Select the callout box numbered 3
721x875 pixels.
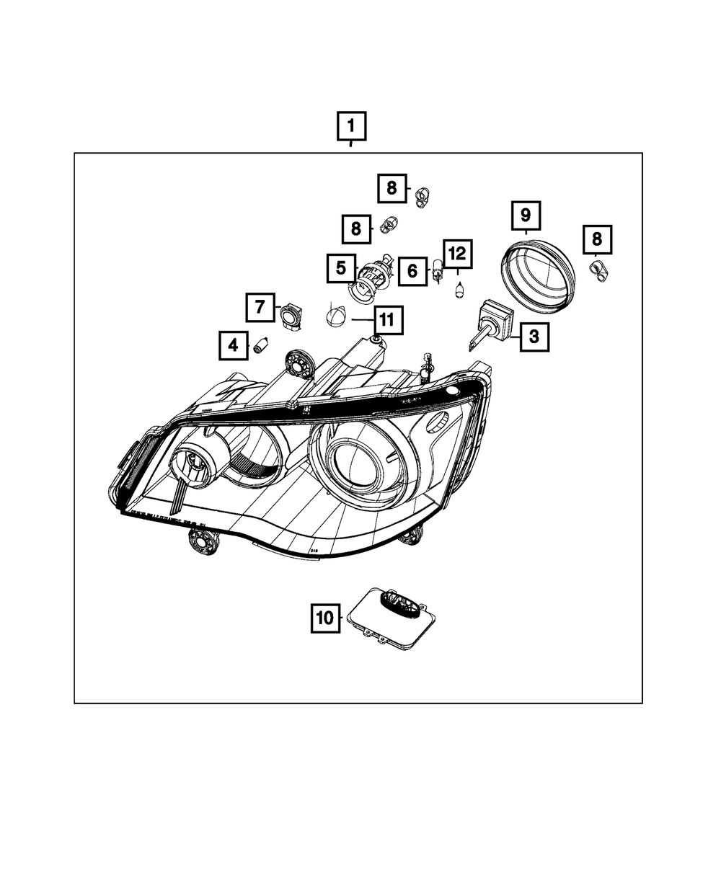tap(534, 336)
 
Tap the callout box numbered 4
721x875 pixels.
tap(233, 346)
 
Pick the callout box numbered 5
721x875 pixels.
tap(340, 269)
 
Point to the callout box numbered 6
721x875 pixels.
tap(412, 271)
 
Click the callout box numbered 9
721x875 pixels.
tap(526, 215)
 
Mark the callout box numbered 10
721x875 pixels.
tap(325, 618)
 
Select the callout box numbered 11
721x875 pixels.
tap(387, 319)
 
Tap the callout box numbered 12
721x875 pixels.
tap(457, 254)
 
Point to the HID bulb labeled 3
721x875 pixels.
tap(490, 324)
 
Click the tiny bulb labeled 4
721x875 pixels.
tap(261, 348)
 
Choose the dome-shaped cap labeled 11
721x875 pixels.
tap(335, 317)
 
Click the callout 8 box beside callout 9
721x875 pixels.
tap(596, 239)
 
